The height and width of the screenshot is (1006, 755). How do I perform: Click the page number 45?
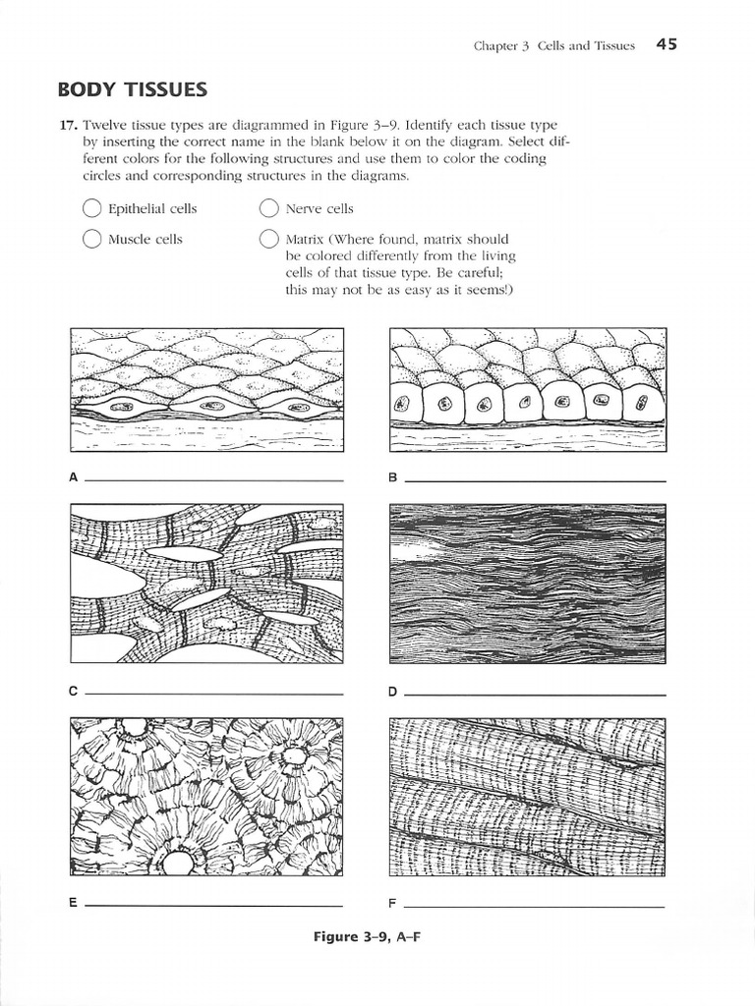667,44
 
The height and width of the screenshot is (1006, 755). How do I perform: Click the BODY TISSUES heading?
133,90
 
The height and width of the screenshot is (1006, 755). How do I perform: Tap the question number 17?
67,126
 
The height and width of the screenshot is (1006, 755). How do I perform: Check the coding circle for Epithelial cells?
91,208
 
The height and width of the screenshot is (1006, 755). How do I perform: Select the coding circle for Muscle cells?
91,239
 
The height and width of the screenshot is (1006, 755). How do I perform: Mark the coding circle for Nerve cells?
268,208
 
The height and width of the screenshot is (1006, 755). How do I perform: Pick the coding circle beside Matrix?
268,239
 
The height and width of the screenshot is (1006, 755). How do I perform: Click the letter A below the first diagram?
73,478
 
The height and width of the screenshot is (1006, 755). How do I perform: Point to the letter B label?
392,478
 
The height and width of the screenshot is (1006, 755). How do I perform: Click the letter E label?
73,903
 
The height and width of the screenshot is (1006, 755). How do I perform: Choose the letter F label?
392,903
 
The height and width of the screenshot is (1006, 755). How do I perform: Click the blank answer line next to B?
535,480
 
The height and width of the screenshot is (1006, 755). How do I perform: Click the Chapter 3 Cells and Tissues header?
553,45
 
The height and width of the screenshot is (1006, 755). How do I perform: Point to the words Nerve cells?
319,208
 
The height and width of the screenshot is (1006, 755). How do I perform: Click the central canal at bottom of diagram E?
178,863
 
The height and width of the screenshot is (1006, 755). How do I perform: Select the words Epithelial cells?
152,208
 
